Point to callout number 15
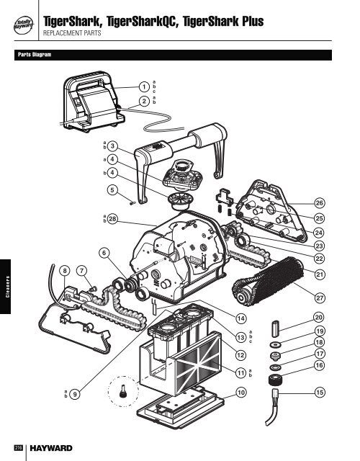coord(320,392)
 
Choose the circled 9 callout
coord(76,394)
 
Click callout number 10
coord(240,392)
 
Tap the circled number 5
coord(112,190)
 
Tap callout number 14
coord(240,318)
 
